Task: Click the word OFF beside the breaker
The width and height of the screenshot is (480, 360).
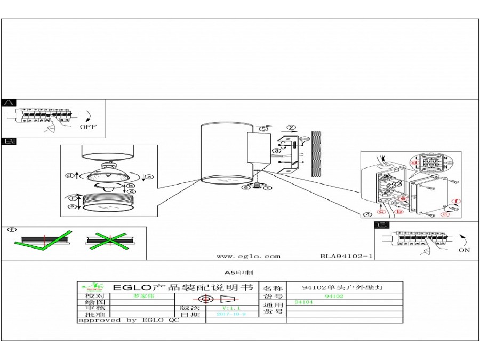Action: [x=89, y=127]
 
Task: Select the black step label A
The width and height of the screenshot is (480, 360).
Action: [x=9, y=103]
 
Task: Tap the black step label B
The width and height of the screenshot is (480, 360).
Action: [x=9, y=141]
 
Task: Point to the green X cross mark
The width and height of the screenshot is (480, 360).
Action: [x=109, y=239]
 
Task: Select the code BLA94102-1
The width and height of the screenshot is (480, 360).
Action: [x=346, y=256]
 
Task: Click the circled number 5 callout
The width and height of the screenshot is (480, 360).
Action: [x=262, y=129]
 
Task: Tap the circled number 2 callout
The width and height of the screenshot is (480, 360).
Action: [x=291, y=127]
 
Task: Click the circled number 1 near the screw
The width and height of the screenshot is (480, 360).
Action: [x=268, y=188]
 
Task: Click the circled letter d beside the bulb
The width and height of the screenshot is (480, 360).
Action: [x=69, y=176]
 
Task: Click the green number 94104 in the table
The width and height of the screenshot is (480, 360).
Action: [x=304, y=302]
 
